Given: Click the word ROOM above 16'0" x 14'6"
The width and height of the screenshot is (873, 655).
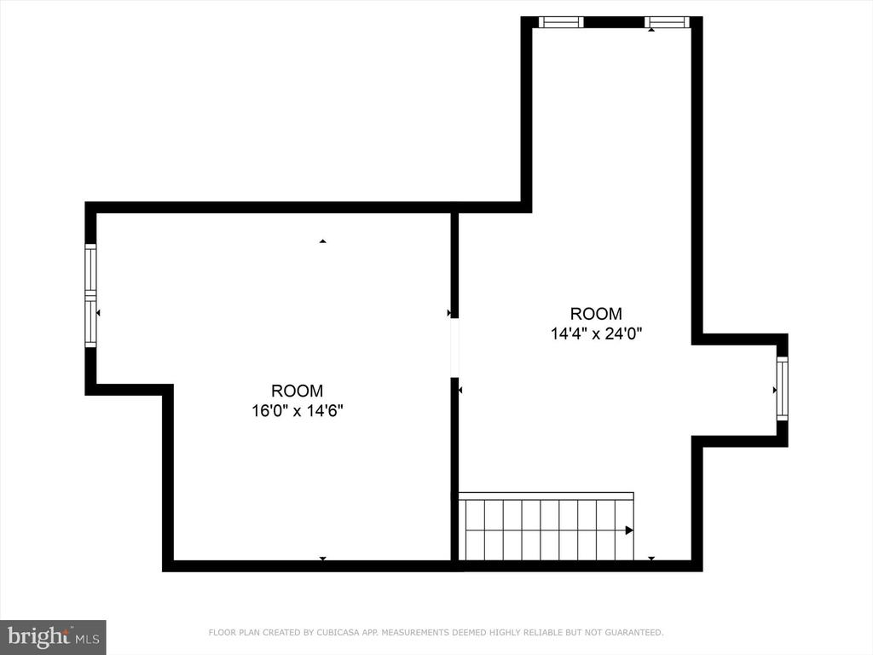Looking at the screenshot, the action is tap(297, 391).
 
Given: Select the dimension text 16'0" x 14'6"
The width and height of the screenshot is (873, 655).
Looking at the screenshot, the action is tap(298, 411).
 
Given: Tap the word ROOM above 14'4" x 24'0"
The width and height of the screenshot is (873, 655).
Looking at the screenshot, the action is tap(596, 314).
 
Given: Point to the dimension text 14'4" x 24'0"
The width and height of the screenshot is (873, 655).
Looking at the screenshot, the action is tap(596, 333).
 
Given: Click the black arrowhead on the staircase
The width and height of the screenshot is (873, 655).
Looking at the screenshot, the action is tap(629, 530).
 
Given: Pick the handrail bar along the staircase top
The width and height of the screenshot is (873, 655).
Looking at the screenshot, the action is tap(546, 496).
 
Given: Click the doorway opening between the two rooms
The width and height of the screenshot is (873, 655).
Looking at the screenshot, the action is tap(454, 348).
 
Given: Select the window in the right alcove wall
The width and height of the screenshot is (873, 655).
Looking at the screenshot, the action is tap(783, 389).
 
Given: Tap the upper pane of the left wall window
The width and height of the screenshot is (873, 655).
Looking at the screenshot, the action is tap(90, 267).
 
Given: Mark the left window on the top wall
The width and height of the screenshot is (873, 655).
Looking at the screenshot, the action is tap(561, 22).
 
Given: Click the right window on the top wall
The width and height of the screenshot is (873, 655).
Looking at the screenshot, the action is tap(668, 22).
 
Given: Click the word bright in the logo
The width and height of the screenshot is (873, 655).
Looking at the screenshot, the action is tap(38, 636).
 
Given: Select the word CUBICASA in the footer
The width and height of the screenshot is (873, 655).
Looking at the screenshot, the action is tap(338, 632).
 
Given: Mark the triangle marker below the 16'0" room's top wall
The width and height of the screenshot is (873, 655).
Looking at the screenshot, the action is tap(322, 241).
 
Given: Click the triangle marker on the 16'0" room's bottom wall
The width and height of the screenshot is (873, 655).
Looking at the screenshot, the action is tap(322, 558).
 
